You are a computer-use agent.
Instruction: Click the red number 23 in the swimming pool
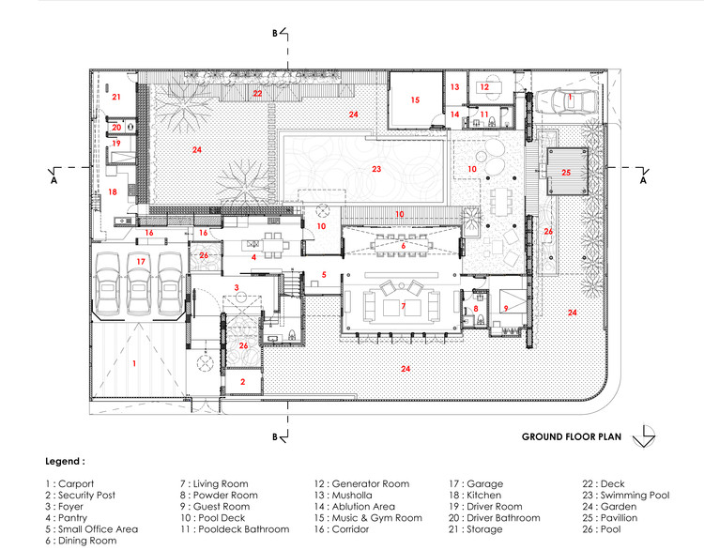pos(376,170)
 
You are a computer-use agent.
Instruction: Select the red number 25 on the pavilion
pos(566,173)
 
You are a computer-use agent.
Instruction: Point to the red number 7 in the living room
pos(403,307)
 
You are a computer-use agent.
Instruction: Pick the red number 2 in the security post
pos(242,381)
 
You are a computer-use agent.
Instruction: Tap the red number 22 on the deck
pos(257,94)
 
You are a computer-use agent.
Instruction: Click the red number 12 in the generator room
pos(484,86)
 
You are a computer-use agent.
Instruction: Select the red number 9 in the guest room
pos(505,307)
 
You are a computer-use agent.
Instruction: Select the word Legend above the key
pos(64,462)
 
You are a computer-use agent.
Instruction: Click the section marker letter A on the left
pos(55,179)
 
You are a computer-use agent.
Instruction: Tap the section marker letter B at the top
pos(275,33)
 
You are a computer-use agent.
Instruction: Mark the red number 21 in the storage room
pos(117,97)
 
